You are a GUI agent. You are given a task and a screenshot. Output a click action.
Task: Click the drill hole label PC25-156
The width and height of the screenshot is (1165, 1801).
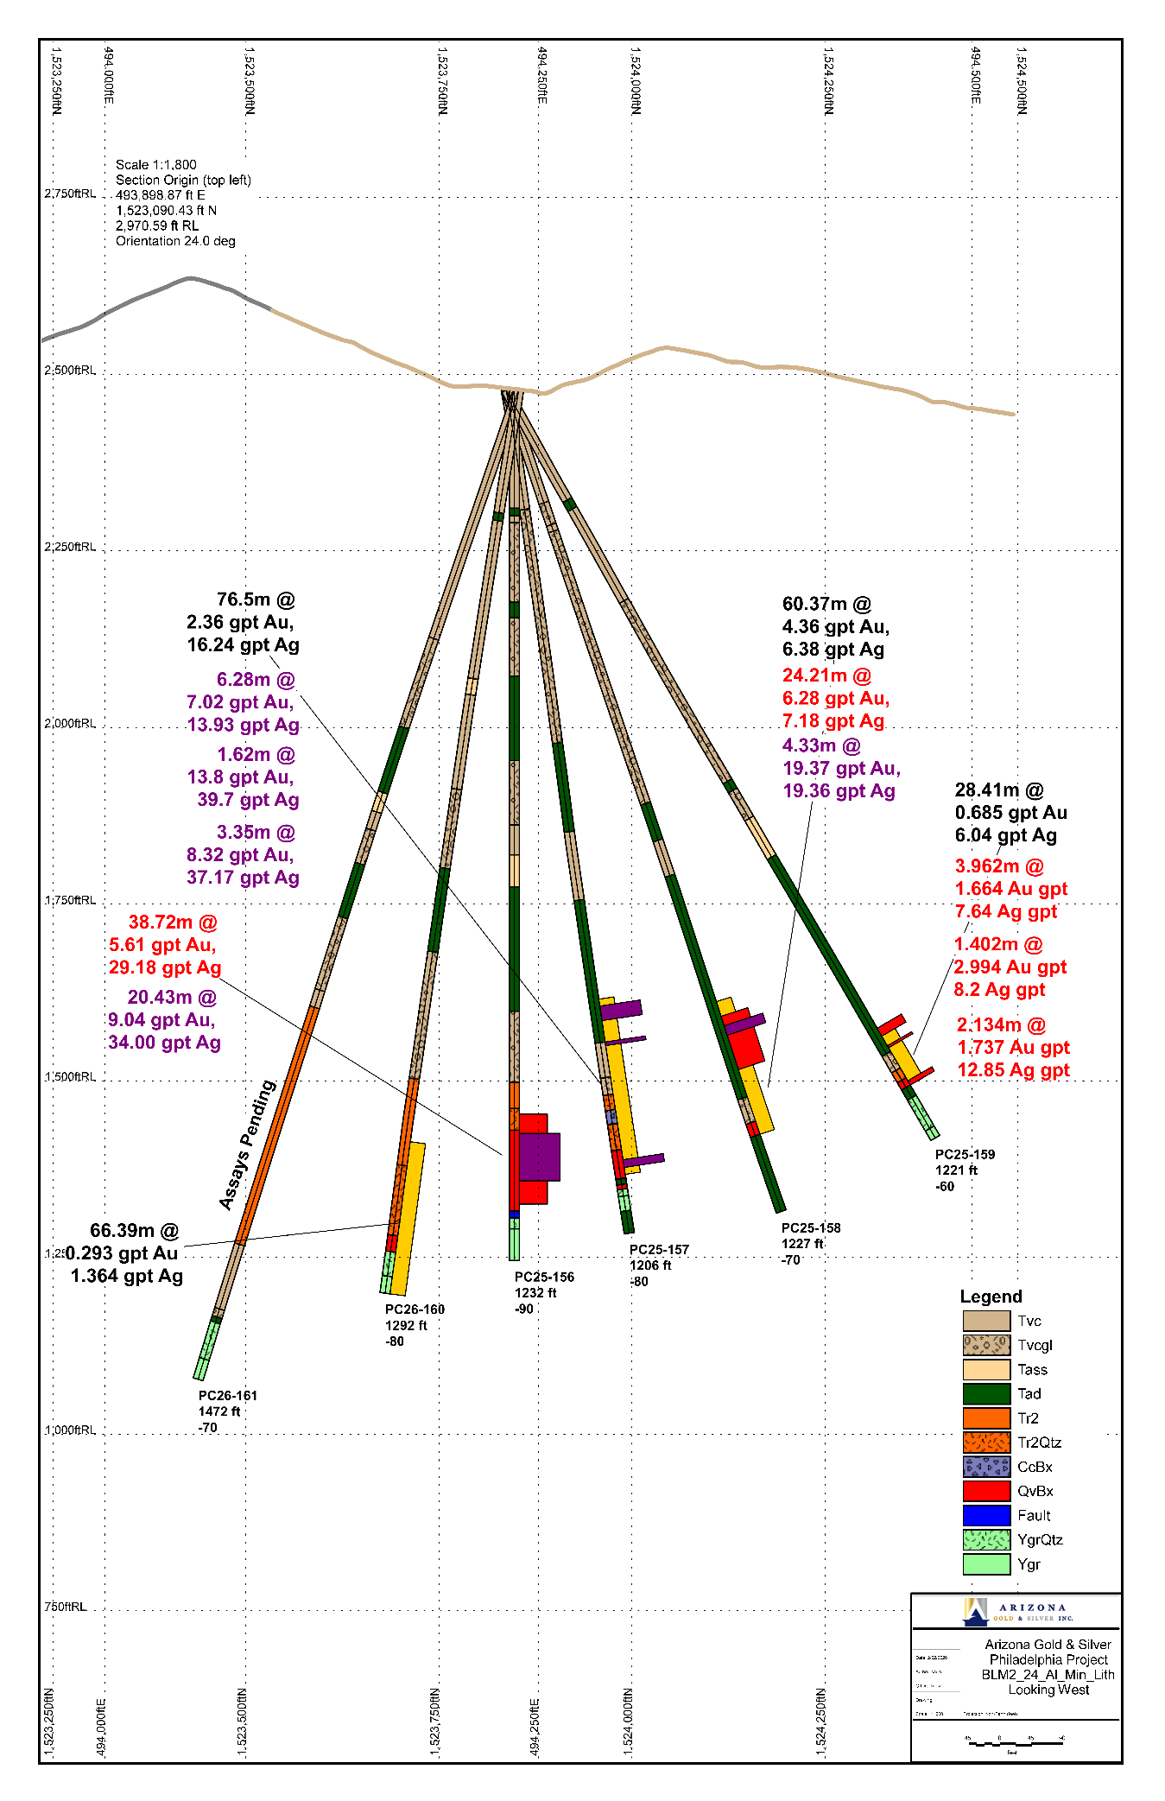[x=544, y=1277]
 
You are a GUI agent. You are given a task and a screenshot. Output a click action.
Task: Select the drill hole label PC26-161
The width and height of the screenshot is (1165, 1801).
[x=228, y=1395]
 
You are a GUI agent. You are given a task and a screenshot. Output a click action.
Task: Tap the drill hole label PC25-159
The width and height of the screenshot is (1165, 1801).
[x=965, y=1154]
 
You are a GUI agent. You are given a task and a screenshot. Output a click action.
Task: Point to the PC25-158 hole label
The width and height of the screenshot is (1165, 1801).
[x=811, y=1227]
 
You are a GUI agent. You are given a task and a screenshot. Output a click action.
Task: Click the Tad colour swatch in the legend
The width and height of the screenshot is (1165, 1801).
[x=986, y=1393]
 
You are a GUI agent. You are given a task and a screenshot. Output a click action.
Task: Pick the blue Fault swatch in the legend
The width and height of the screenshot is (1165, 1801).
[x=986, y=1515]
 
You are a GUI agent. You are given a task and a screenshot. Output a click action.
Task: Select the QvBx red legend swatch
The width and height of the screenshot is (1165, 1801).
[x=986, y=1491]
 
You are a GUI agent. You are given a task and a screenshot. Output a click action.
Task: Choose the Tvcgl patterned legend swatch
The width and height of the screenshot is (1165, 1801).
[x=986, y=1345]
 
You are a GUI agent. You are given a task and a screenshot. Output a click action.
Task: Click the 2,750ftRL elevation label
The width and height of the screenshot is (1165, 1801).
[x=70, y=193]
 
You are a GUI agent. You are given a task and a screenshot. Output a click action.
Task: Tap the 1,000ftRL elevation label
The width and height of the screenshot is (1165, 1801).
[x=70, y=1430]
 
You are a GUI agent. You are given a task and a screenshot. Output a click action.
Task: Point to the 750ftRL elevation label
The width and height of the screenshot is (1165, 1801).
[x=66, y=1606]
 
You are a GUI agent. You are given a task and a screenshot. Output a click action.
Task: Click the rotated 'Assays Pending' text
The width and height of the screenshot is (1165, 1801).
[x=247, y=1145]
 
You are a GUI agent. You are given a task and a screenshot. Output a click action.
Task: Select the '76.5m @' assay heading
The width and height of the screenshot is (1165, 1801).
[x=256, y=599]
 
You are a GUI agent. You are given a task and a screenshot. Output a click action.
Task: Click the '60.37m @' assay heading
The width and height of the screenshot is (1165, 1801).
[x=826, y=604]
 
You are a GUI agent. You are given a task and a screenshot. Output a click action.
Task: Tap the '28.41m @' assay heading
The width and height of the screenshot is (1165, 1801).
[x=999, y=790]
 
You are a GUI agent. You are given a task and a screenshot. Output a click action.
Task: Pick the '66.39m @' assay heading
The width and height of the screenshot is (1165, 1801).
[x=134, y=1230]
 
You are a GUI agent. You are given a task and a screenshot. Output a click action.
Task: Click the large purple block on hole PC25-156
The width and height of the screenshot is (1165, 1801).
[x=540, y=1157]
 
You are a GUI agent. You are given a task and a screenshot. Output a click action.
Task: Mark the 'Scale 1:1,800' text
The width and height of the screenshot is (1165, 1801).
[x=156, y=164]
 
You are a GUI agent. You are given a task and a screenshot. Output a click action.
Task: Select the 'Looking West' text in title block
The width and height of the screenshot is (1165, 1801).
[x=1048, y=1690]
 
